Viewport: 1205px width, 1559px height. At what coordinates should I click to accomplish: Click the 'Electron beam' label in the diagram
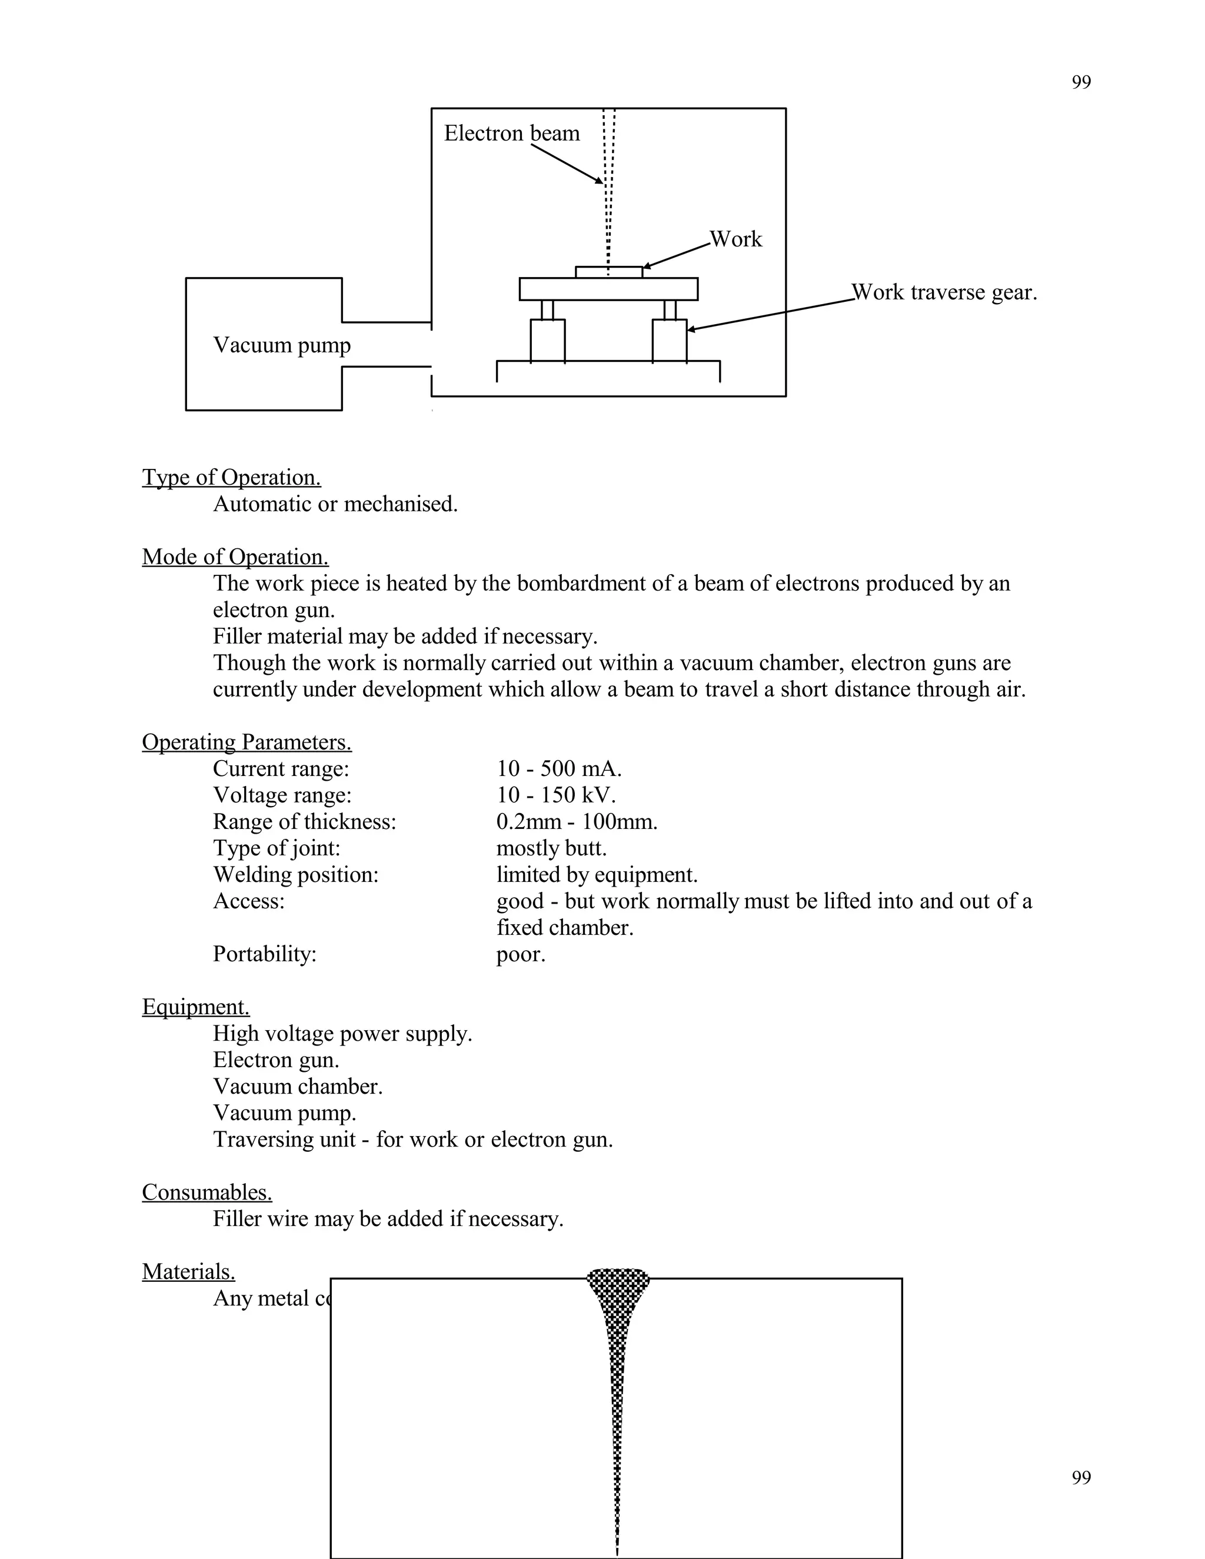tap(511, 134)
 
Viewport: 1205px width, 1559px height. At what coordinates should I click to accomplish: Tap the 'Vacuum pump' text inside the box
tap(282, 345)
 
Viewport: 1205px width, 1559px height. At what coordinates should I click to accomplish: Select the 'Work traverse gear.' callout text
tap(944, 292)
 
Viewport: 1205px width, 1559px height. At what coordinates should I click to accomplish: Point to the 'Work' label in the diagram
tap(735, 239)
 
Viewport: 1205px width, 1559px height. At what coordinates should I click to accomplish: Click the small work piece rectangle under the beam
tap(608, 272)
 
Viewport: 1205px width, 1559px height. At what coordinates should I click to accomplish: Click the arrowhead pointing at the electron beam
tap(600, 181)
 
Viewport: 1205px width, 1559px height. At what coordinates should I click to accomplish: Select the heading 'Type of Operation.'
tap(231, 477)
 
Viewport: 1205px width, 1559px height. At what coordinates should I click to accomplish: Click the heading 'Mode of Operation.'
tap(235, 556)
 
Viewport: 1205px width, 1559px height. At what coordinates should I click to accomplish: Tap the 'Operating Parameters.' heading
tap(247, 742)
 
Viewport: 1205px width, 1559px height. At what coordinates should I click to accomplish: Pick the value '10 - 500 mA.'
tap(559, 769)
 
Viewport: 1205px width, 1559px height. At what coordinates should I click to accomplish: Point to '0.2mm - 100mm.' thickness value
tap(577, 822)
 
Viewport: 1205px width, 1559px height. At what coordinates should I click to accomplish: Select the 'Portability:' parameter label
tap(264, 954)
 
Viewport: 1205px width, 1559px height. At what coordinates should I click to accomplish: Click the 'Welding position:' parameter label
tap(295, 874)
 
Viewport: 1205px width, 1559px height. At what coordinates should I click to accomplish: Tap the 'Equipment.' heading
tap(195, 1007)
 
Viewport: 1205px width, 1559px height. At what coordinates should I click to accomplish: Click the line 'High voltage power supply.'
tap(342, 1034)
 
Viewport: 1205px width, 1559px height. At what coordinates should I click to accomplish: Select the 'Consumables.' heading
tap(207, 1192)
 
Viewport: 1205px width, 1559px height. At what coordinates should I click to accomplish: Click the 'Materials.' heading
tap(188, 1271)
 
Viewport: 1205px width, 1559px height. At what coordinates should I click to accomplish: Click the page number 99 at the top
tap(1081, 83)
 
